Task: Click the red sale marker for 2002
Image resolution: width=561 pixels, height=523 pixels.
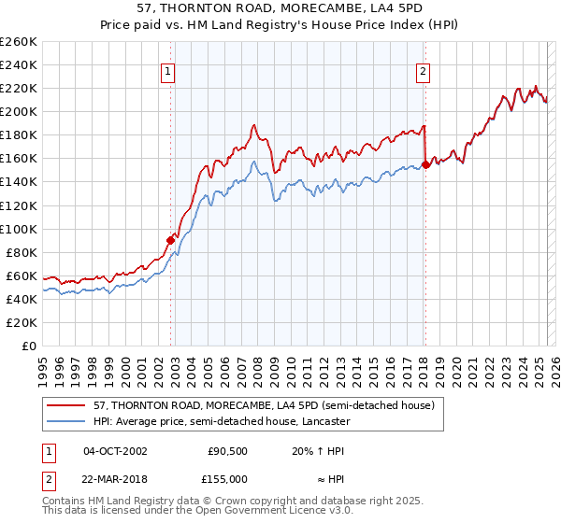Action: coord(171,239)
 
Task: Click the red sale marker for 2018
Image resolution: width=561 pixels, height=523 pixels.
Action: coord(425,164)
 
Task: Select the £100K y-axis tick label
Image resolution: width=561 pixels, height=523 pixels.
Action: coord(20,229)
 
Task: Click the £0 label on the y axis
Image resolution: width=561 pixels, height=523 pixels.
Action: coord(30,346)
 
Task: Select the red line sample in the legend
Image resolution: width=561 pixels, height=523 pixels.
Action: coord(67,406)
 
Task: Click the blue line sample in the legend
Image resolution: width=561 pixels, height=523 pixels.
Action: coord(67,422)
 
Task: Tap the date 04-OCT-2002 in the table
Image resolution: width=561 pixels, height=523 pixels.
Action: coord(115,450)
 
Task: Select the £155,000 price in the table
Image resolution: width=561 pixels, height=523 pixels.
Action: coord(228,478)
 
